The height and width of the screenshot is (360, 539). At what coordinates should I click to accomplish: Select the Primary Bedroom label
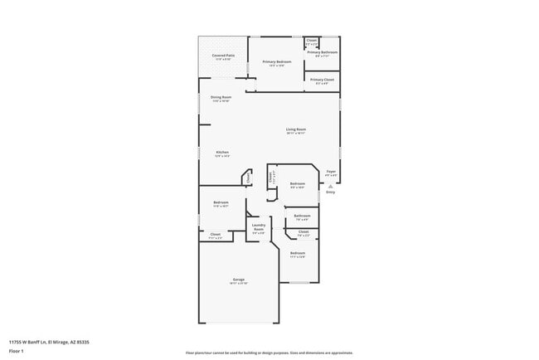tap(277, 62)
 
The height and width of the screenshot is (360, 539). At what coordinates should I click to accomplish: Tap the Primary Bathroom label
tap(323, 53)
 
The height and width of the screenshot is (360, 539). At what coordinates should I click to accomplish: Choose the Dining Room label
tap(221, 97)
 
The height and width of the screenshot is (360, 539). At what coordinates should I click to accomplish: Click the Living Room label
tap(296, 129)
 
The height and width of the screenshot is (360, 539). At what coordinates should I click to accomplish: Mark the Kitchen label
tap(222, 153)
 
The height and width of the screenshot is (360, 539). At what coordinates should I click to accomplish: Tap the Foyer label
tap(331, 173)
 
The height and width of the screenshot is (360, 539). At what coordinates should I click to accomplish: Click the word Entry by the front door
tap(331, 192)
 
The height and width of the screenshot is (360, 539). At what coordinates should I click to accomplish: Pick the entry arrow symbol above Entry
tap(331, 185)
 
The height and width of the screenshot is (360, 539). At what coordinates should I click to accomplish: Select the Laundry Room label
tap(259, 227)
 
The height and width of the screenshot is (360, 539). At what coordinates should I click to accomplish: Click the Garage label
tap(239, 280)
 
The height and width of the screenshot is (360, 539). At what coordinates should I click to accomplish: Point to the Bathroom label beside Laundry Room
tap(302, 216)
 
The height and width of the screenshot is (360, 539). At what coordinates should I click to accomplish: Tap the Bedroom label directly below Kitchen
tap(221, 202)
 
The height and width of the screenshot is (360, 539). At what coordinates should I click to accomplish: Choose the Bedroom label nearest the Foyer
tap(297, 184)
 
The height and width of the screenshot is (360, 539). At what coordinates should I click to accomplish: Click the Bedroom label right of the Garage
tap(298, 253)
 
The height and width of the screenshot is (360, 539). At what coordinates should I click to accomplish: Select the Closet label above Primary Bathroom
tap(312, 40)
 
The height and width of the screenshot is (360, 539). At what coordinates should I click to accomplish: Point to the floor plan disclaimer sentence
tap(269, 353)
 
